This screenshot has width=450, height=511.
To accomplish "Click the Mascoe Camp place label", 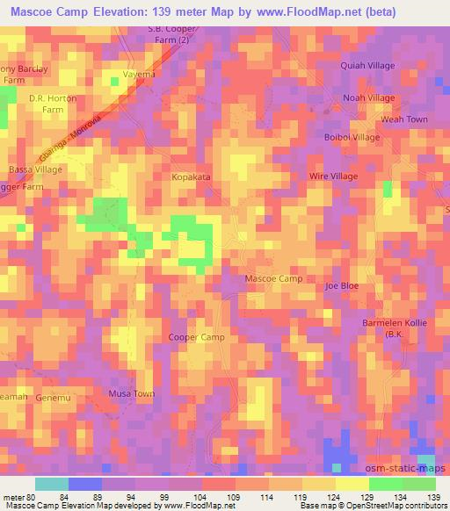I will pyautogui.click(x=273, y=278).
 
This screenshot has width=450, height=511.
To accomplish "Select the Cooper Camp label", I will pyautogui.click(x=196, y=337).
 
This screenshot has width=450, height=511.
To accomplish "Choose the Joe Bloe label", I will pyautogui.click(x=342, y=286).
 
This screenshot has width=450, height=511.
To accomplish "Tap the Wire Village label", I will pyautogui.click(x=333, y=176).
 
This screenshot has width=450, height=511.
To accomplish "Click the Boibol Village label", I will pyautogui.click(x=352, y=138).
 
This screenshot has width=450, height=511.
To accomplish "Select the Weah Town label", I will pyautogui.click(x=404, y=119).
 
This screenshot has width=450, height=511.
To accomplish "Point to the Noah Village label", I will pyautogui.click(x=369, y=98).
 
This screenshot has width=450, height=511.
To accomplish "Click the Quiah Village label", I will pyautogui.click(x=368, y=66).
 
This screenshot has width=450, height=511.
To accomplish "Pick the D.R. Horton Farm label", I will pyautogui.click(x=47, y=105).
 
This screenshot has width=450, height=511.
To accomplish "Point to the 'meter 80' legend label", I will pyautogui.click(x=18, y=499).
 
